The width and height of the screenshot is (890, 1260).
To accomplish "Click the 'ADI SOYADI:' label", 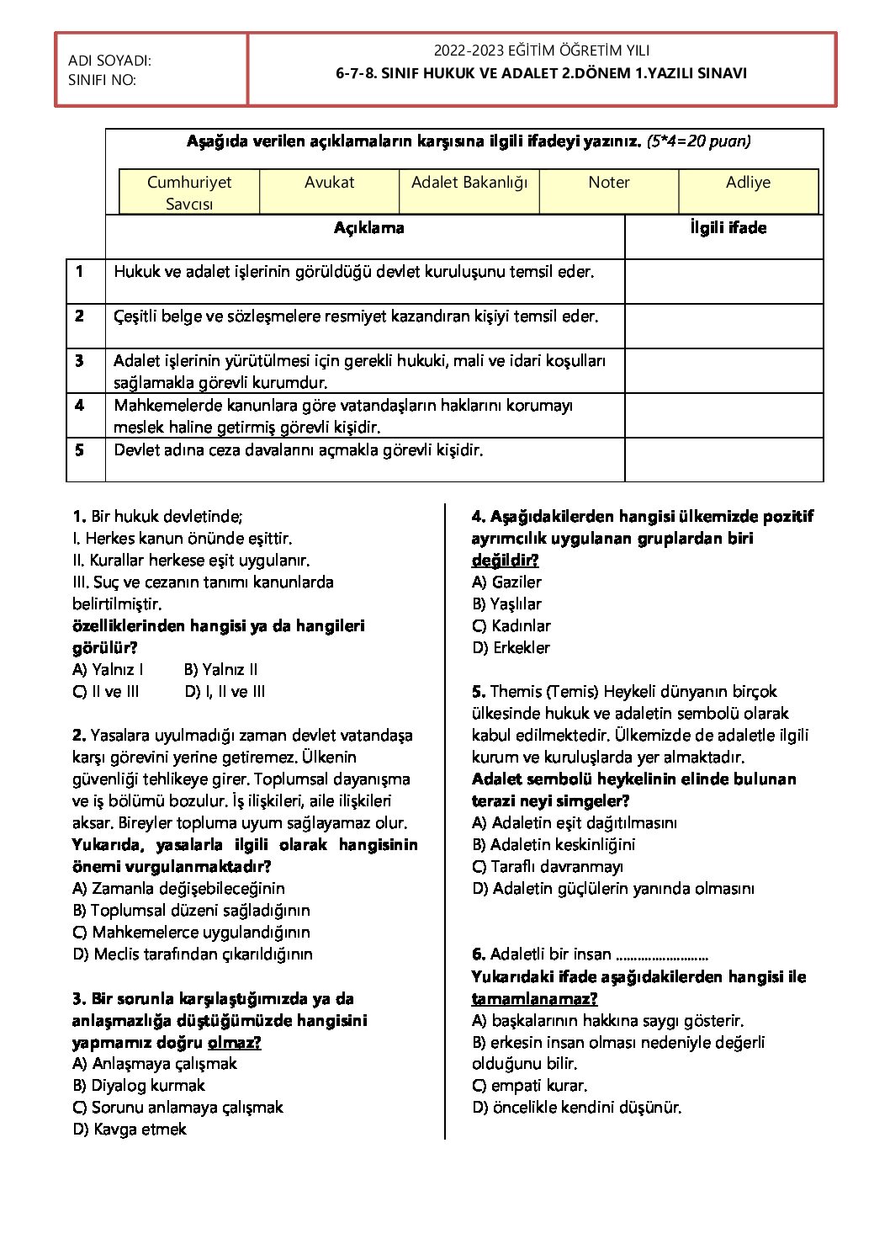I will (109, 61).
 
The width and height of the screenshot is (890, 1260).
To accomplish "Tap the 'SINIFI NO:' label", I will (102, 80).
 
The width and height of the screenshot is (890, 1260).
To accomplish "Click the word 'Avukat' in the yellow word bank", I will (329, 183).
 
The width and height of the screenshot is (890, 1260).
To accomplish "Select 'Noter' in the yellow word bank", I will (609, 183).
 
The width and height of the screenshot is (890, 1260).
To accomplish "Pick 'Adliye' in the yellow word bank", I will (748, 183).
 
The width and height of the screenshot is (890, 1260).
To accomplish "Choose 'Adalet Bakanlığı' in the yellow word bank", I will (469, 183).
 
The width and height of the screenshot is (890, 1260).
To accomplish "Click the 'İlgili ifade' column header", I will (728, 228).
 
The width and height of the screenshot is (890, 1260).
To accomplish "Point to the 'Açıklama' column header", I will (368, 228).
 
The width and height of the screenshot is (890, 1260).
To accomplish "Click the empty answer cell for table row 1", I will (723, 281).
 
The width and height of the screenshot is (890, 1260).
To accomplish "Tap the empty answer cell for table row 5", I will (723, 460).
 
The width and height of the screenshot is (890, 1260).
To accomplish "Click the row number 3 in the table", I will (79, 361).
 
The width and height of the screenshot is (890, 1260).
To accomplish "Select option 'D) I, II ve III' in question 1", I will (225, 692).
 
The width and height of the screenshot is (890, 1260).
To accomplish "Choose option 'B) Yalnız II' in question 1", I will (220, 670).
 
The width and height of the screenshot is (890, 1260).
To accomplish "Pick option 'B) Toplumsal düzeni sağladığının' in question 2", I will (191, 911).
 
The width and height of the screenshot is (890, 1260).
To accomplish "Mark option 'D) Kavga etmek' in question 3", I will (130, 1130).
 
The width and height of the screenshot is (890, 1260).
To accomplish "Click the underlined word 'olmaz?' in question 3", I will (234, 1043).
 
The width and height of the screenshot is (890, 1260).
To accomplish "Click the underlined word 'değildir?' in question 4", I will (505, 561).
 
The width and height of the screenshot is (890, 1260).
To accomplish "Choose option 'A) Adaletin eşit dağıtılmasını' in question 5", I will (574, 823).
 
